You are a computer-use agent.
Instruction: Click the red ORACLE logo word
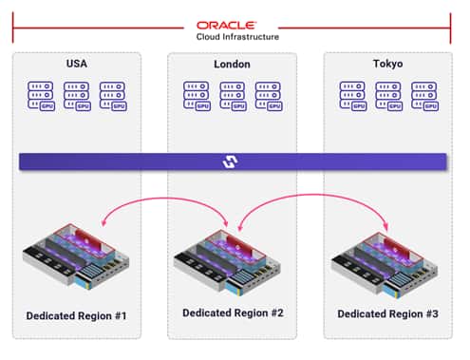coord(232,25)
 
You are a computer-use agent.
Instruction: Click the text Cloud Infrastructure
coord(232,37)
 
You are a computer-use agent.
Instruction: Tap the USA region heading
coord(77,65)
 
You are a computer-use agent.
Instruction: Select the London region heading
coord(232,65)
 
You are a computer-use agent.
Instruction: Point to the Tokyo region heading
coord(387,65)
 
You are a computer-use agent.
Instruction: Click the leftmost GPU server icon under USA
coord(41,96)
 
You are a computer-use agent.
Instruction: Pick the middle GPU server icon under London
coord(233,96)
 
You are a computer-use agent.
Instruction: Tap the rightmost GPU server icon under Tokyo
coord(424,96)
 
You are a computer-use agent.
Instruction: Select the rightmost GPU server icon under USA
coord(113,96)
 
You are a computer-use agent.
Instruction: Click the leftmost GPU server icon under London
coord(197,96)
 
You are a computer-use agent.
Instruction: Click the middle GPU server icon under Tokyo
coord(388,96)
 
